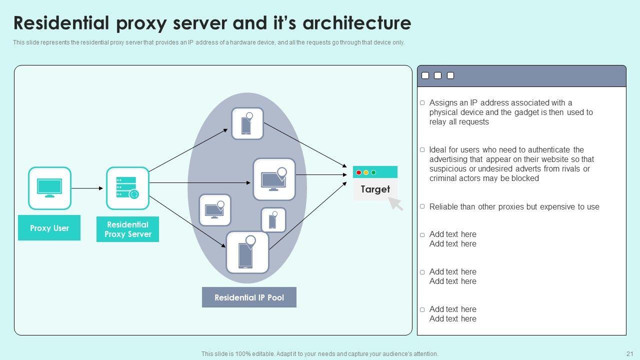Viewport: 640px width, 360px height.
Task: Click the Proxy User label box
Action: [x=49, y=228]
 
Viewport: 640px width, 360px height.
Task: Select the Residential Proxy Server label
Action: [x=127, y=229]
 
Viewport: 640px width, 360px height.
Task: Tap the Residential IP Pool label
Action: [x=249, y=297]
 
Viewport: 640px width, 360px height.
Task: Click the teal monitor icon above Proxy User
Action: [x=49, y=188]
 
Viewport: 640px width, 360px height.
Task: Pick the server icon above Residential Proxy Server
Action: [x=127, y=188]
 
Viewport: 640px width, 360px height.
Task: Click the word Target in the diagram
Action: [x=375, y=189]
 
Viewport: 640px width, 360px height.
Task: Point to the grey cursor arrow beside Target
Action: [x=396, y=203]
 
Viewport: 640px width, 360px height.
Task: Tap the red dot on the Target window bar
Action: [x=358, y=172]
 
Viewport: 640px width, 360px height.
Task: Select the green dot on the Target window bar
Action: [x=373, y=172]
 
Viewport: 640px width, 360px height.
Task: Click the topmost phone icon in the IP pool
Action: [x=247, y=123]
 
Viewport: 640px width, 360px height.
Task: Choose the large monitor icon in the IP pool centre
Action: [x=274, y=179]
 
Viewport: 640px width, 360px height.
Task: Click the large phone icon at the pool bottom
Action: [x=247, y=252]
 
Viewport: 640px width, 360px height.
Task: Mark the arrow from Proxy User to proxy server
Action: [x=87, y=188]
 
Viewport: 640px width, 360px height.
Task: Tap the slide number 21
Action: [x=629, y=354]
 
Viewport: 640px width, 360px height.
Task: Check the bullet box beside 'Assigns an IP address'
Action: [x=422, y=103]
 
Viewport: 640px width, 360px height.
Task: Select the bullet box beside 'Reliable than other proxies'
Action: [x=422, y=206]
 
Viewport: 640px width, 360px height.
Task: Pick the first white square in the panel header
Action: [x=425, y=75]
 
